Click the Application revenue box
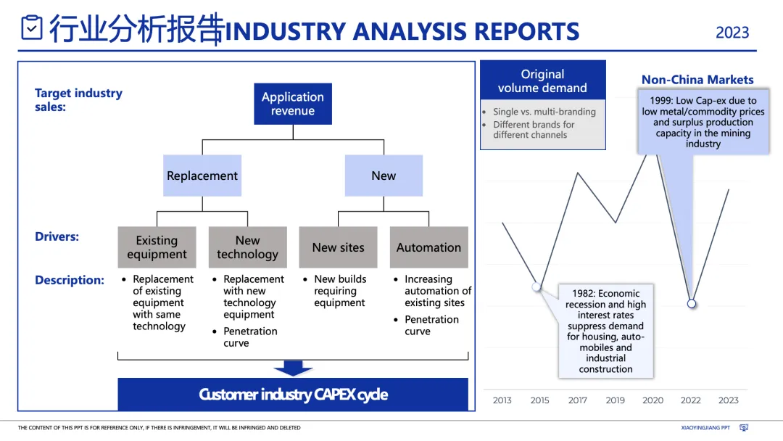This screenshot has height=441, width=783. (293, 104)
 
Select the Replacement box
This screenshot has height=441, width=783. (202, 176)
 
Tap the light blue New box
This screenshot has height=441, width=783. (384, 176)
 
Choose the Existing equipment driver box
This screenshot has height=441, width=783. (157, 247)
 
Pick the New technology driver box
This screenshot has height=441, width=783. (247, 247)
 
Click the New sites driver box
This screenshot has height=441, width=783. (339, 247)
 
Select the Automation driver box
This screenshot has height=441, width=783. (428, 247)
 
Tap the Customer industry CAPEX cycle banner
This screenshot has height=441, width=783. (293, 395)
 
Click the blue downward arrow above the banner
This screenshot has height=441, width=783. (293, 368)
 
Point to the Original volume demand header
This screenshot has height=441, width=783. (542, 81)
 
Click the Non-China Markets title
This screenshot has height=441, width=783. (697, 80)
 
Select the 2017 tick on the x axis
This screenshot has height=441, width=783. (578, 400)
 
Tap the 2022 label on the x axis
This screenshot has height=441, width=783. (691, 400)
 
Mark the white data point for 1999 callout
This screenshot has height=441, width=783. (692, 303)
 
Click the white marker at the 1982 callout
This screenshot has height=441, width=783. (536, 287)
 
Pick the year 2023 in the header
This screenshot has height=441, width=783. (732, 33)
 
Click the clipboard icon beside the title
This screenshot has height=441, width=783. (32, 28)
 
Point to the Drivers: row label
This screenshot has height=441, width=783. (57, 236)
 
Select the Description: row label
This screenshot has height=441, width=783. (70, 280)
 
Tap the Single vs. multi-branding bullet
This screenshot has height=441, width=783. (544, 112)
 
